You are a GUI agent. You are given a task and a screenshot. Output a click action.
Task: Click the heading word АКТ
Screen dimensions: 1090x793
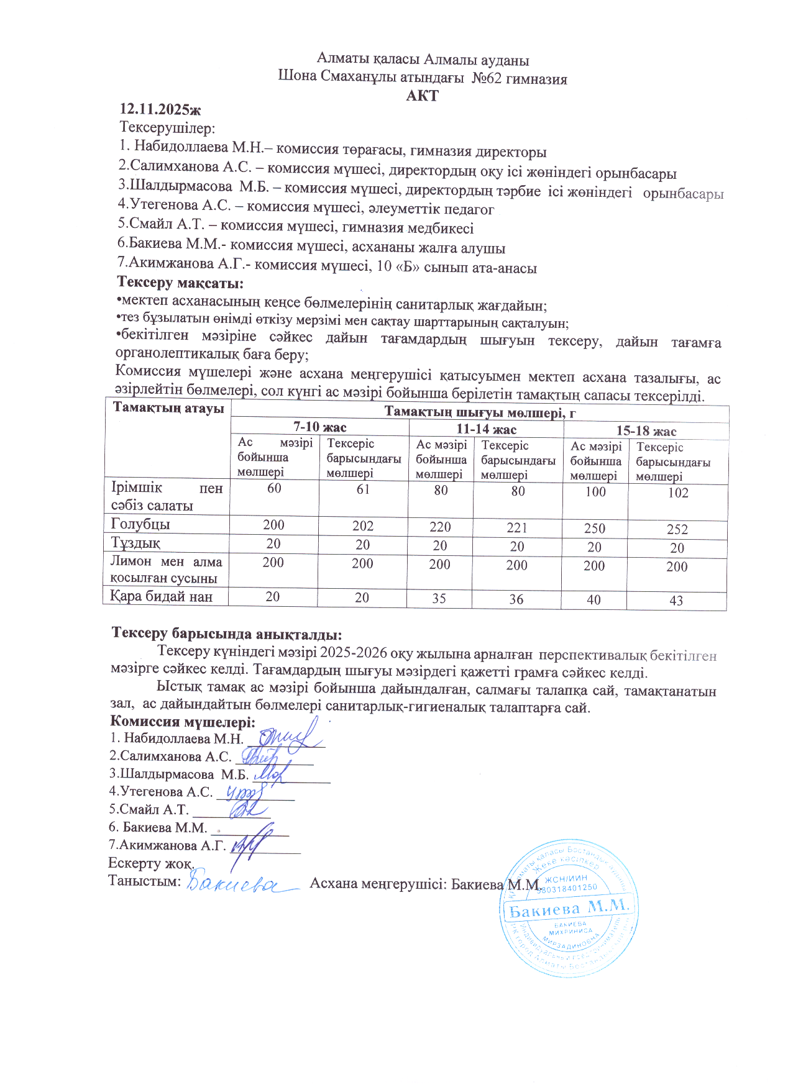422,96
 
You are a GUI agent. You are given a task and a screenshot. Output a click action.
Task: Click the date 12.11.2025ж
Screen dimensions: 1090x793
160,109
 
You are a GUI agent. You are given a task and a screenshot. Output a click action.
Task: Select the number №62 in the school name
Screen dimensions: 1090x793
486,79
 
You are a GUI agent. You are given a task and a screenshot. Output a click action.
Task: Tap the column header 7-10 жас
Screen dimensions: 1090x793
319,427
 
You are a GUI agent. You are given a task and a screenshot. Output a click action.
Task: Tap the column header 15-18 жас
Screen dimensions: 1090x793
646,431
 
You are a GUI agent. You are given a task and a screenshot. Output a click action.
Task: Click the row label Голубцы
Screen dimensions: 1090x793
140,524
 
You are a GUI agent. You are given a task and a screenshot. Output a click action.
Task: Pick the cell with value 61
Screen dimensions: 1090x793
363,489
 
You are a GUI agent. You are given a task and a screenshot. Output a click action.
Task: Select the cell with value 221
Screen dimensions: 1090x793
517,528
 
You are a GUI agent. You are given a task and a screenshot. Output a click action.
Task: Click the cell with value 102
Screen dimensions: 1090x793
678,493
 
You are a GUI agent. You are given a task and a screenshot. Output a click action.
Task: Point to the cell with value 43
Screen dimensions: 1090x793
676,601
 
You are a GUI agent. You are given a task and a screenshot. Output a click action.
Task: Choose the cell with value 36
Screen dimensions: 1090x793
516,599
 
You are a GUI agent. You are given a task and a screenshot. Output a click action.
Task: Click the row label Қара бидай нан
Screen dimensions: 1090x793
162,597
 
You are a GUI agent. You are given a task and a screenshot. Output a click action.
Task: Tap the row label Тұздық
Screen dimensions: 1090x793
135,543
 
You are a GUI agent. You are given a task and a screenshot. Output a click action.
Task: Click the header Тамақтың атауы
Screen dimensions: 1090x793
168,409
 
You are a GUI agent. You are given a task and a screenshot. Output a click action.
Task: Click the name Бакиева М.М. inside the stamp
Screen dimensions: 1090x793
569,910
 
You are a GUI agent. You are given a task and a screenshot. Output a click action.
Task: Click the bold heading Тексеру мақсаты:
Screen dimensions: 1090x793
180,283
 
